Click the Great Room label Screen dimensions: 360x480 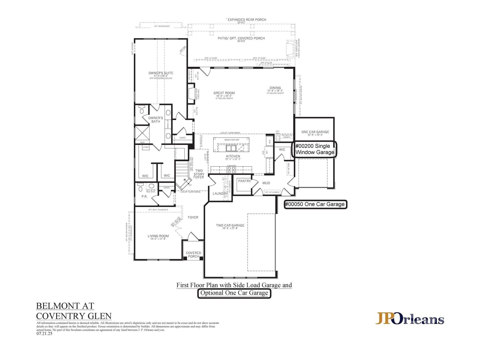224,93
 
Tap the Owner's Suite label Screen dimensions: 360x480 161,73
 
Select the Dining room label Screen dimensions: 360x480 275,88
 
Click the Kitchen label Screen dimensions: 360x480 233,157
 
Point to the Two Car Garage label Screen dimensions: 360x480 230,226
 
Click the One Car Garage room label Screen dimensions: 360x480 315,132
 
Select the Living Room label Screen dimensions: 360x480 158,236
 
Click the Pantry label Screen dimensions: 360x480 244,181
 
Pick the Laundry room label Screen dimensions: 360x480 220,194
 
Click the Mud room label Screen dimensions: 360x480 266,183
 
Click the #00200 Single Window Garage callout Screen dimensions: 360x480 314,149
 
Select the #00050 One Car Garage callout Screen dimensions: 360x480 315,204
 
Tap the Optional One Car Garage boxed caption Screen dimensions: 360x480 234,293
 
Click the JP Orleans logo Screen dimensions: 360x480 410,319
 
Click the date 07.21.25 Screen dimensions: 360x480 44,333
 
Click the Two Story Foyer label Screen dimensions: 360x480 199,174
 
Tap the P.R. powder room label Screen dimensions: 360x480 144,197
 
